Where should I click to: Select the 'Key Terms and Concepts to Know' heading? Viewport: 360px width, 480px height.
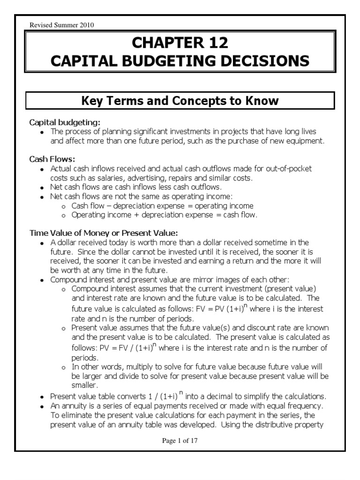(x=180, y=101)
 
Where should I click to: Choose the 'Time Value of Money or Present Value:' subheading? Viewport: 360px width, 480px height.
(x=104, y=232)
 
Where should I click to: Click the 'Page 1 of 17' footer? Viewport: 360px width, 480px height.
(x=180, y=441)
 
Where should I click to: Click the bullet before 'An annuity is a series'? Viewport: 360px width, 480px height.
(x=42, y=406)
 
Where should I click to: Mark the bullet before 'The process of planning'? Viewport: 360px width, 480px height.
(x=42, y=133)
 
